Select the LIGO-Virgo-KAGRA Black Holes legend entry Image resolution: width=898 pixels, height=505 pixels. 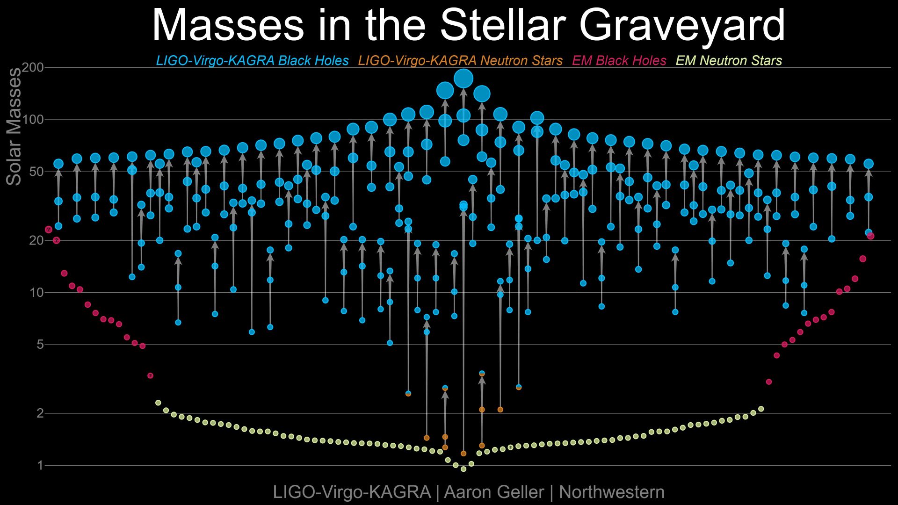[x=252, y=61]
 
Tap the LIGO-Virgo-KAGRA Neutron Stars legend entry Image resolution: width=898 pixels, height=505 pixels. [x=460, y=61]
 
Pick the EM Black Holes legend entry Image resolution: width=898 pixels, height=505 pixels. [x=619, y=61]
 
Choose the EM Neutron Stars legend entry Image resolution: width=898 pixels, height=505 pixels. [x=729, y=61]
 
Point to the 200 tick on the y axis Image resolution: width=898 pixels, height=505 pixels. [x=33, y=68]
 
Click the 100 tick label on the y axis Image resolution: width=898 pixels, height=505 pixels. [x=33, y=120]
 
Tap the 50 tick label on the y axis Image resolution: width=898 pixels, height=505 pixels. [x=36, y=172]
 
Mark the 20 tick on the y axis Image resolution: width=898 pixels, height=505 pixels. [x=36, y=240]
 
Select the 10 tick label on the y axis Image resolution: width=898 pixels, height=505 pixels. [x=36, y=293]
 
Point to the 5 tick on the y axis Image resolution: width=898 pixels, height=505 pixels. [x=40, y=345]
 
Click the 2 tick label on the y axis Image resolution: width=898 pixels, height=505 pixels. [x=40, y=413]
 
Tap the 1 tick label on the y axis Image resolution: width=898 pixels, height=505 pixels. [x=40, y=465]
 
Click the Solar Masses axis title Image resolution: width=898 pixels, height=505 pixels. [x=14, y=127]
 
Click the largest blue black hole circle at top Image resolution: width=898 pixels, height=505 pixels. [x=463, y=78]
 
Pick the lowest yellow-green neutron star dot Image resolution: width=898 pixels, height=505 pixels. [x=463, y=469]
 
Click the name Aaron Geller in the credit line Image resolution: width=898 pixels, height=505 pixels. [x=494, y=492]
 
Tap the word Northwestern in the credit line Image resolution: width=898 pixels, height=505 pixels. [x=612, y=492]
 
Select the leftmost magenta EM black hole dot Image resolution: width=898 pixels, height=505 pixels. [x=48, y=230]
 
